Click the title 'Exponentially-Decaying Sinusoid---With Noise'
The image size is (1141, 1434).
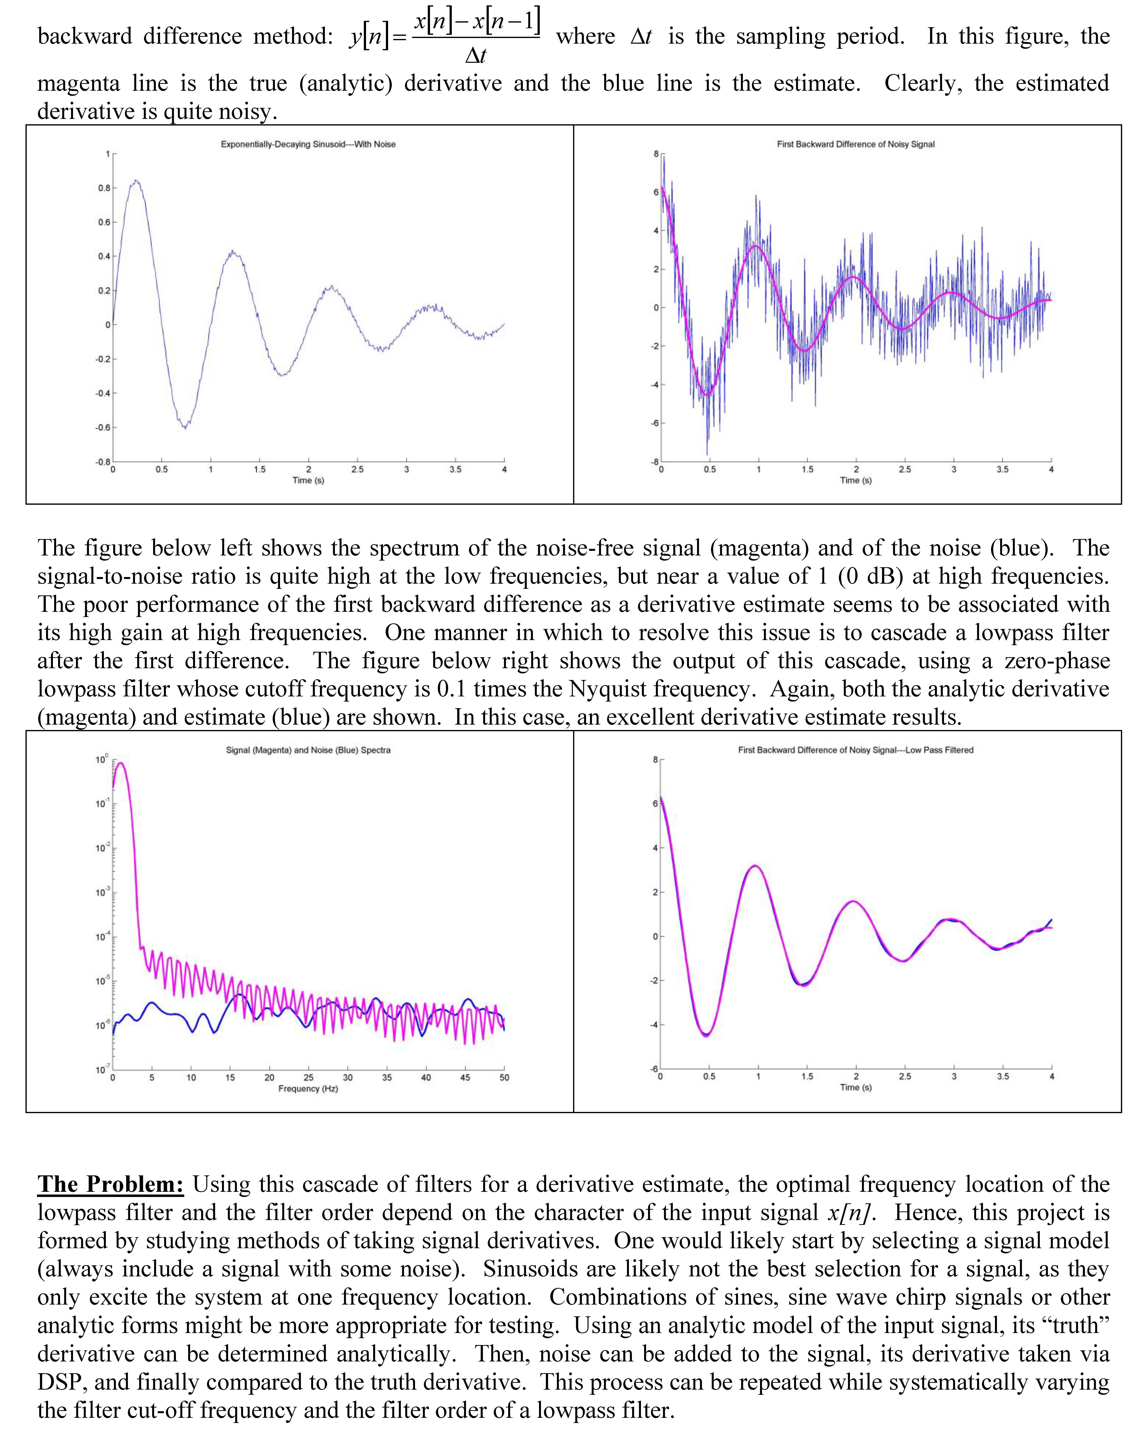308,144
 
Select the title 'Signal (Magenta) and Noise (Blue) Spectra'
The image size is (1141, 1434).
308,750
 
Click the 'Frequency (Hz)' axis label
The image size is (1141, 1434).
308,1089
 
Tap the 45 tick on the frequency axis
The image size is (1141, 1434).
465,1078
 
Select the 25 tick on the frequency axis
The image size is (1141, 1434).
308,1078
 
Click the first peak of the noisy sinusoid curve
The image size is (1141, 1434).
136,180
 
